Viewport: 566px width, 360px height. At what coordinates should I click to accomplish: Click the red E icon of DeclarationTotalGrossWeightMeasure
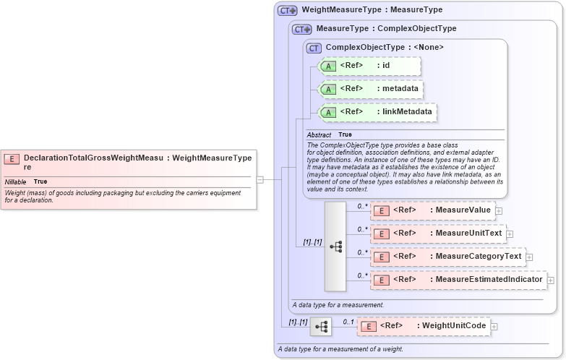pos(12,158)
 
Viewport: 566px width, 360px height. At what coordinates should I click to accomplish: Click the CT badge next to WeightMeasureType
pos(288,10)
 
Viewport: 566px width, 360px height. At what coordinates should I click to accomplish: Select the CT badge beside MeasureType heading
pos(302,29)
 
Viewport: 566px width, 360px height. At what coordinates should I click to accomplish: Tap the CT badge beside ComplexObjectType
pos(314,48)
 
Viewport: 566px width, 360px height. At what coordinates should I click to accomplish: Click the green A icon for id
pos(328,66)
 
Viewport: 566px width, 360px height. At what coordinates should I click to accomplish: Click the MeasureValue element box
pos(431,210)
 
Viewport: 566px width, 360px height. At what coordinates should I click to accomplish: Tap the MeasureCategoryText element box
pos(447,257)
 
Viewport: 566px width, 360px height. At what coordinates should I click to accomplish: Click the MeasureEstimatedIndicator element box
pos(458,280)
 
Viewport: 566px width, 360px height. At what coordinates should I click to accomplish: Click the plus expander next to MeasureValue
pos(499,211)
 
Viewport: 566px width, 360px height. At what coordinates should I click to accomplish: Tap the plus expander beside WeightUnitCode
pos(494,327)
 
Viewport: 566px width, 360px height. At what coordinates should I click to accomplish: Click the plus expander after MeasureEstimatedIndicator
pos(551,280)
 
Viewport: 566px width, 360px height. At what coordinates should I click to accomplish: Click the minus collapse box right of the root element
pos(260,179)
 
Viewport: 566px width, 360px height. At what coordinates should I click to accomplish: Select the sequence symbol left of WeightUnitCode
pos(320,327)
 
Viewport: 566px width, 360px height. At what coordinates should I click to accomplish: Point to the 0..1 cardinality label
pos(348,322)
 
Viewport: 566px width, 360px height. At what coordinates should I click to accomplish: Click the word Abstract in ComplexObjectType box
pos(319,135)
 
